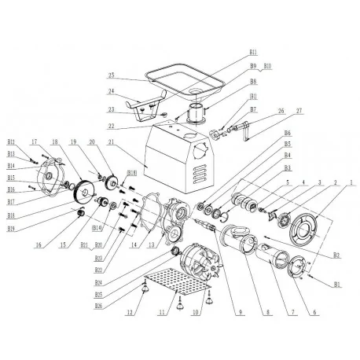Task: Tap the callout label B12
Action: pyautogui.click(x=11, y=142)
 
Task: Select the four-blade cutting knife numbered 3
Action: pyautogui.click(x=271, y=217)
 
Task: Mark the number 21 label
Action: pyautogui.click(x=112, y=141)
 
